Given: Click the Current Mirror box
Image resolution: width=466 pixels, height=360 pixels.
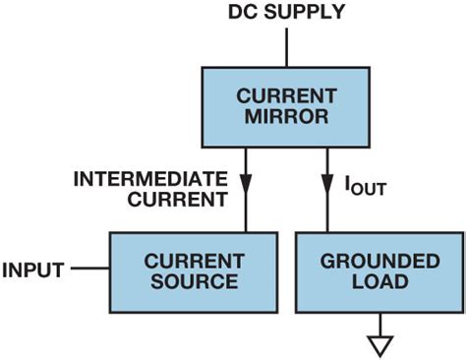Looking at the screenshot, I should (x=284, y=107).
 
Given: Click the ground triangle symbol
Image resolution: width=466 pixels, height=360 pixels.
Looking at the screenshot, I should (x=379, y=344).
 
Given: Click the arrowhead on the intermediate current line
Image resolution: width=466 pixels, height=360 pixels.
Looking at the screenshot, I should (x=247, y=184).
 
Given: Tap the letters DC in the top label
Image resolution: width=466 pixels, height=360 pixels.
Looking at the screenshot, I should (x=241, y=13).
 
